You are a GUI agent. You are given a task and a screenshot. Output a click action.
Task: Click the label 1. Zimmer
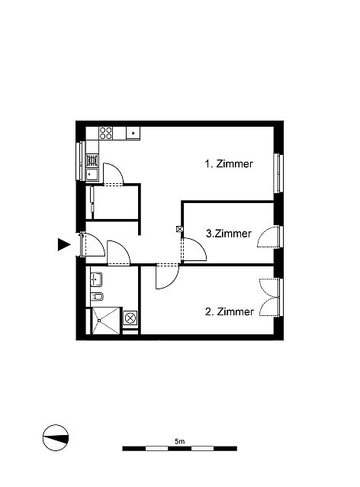pyautogui.click(x=229, y=163)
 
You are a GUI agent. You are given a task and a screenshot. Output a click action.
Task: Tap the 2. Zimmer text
pyautogui.click(x=230, y=311)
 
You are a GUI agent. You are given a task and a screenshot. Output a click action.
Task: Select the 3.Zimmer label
pyautogui.click(x=229, y=234)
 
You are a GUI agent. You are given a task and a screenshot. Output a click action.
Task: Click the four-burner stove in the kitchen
pyautogui.click(x=106, y=134)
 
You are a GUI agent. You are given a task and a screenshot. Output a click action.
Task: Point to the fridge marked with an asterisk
pyautogui.click(x=133, y=134)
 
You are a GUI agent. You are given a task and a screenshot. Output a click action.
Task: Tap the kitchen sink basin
pyautogui.click(x=92, y=175)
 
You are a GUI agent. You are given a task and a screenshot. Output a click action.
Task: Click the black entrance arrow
pyautogui.click(x=64, y=244)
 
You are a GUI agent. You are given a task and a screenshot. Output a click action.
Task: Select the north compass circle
pyautogui.click(x=56, y=437)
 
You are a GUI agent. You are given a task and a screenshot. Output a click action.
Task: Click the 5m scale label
pyautogui.click(x=180, y=441)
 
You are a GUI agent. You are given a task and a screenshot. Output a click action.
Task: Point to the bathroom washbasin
pyautogui.click(x=96, y=279)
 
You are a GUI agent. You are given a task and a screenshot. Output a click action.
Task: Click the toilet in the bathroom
pyautogui.click(x=97, y=297)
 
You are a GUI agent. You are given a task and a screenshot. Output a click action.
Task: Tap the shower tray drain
pyautogui.click(x=99, y=321)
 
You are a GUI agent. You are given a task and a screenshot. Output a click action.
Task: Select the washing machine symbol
pyautogui.click(x=130, y=318)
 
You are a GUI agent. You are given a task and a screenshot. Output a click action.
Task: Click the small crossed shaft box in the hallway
pyautogui.click(x=179, y=229)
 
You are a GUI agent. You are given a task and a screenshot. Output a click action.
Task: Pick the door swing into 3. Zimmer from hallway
pyautogui.click(x=193, y=249)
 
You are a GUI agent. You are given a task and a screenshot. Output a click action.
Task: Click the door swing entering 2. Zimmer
pyautogui.click(x=167, y=276)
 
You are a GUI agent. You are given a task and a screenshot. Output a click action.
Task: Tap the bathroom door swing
pyautogui.click(x=118, y=253)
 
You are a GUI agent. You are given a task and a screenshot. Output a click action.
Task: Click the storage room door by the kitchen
pyautogui.click(x=114, y=174)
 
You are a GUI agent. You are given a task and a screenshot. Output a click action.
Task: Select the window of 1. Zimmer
pyautogui.click(x=278, y=173)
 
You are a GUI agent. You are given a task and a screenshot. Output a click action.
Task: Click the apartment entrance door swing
pyautogui.click(x=92, y=245)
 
